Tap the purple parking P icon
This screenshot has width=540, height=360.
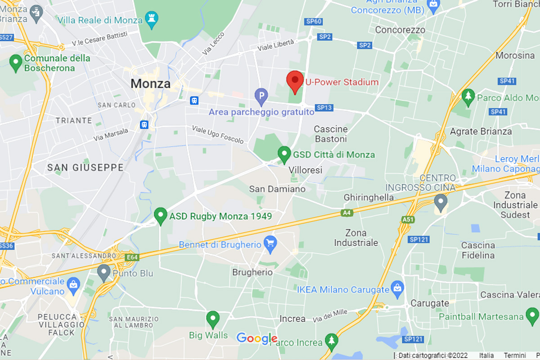coord(261,95)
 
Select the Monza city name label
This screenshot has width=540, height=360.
coord(151,83)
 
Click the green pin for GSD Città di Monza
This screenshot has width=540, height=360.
coord(283,154)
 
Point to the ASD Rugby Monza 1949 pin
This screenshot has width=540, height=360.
coord(161,216)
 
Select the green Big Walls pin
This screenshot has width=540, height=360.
coord(212,319)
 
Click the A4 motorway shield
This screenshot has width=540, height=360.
coord(346,213)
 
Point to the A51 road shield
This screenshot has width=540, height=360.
coord(407,219)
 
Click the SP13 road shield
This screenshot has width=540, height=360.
coord(324,108)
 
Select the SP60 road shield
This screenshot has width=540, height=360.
coord(313,22)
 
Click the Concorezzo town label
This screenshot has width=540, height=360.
coord(400,30)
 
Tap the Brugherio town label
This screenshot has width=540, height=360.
coord(252,272)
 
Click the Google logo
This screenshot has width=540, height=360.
coord(256,338)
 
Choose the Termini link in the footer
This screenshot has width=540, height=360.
coord(515,355)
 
